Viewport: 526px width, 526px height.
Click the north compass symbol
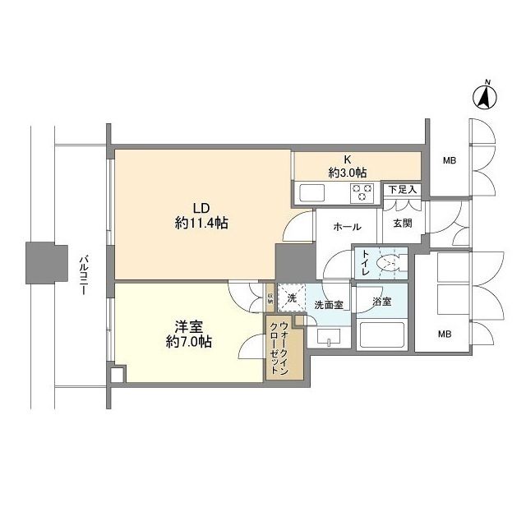click(486, 97)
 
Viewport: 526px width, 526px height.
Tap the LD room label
click(201, 207)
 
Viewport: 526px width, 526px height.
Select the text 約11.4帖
click(201, 223)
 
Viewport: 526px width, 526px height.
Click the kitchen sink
click(313, 194)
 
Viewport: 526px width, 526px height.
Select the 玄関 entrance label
click(402, 223)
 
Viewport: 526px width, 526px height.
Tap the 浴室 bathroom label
click(381, 302)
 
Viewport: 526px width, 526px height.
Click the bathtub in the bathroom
click(381, 335)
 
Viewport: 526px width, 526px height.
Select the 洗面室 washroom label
click(329, 304)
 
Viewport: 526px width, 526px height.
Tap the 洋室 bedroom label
click(189, 325)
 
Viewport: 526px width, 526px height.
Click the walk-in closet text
click(278, 348)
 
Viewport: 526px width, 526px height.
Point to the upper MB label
click(450, 160)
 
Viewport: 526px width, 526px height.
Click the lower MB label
click(444, 334)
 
